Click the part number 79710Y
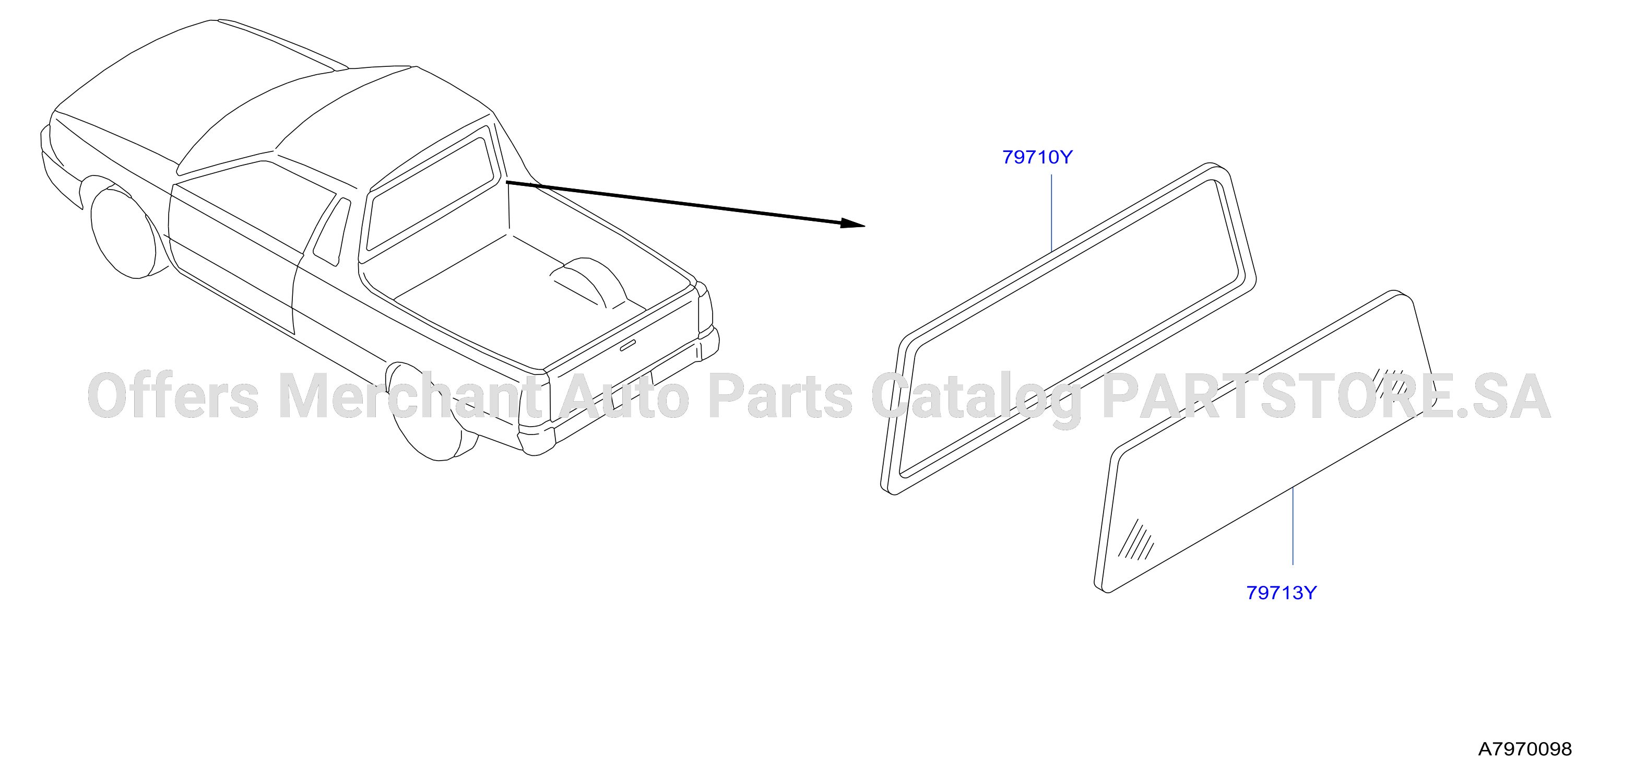pos(1037,157)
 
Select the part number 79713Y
pos(1282,593)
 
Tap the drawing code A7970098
pos(1525,749)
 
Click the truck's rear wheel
pos(432,413)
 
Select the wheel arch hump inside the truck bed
pos(590,283)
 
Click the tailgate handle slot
pos(627,345)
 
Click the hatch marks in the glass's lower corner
pos(1135,541)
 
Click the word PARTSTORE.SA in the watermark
pos(1326,397)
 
